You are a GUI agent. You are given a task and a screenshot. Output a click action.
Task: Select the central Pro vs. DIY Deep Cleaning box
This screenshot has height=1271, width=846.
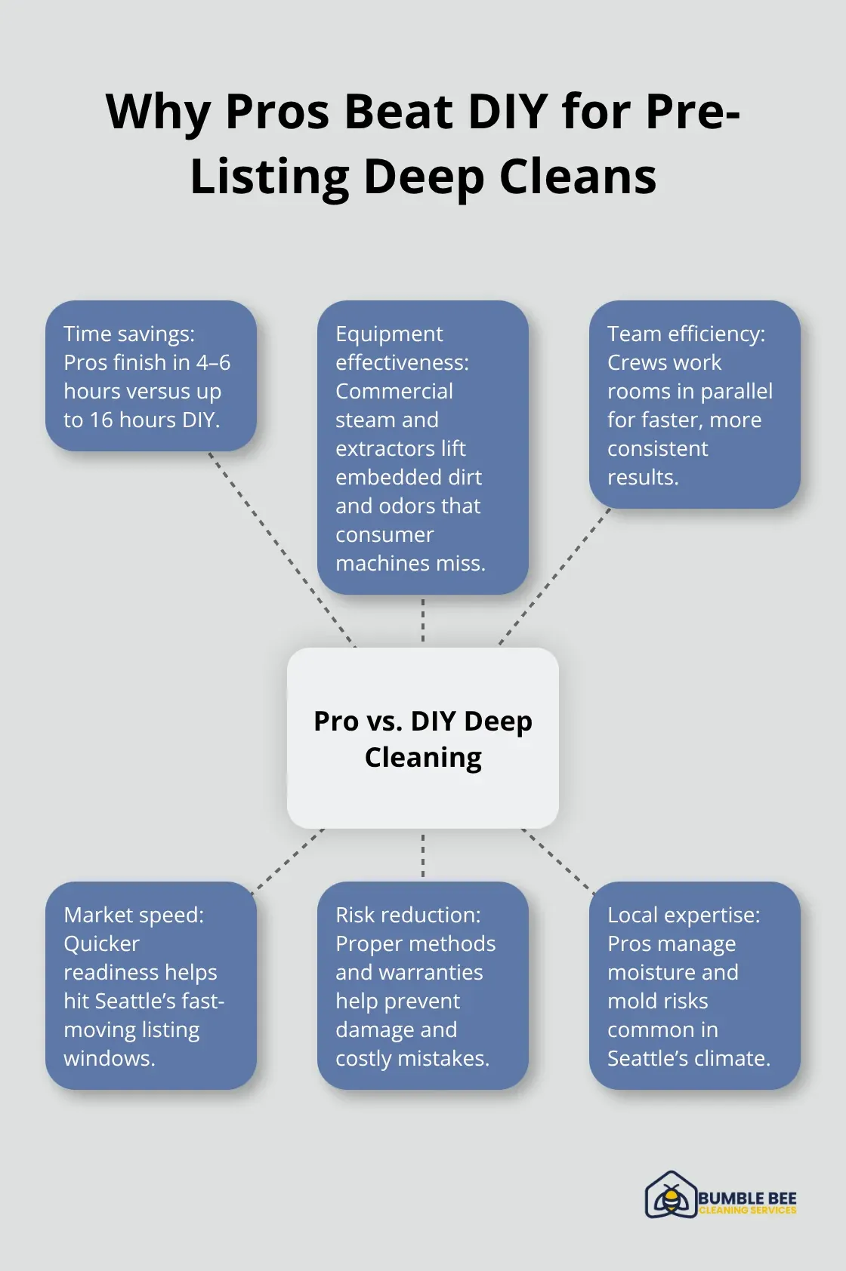[x=423, y=738]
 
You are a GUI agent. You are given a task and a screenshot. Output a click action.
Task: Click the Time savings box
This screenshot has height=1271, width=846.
[x=151, y=376]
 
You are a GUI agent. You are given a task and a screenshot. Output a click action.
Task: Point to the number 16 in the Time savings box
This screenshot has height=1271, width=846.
[x=100, y=420]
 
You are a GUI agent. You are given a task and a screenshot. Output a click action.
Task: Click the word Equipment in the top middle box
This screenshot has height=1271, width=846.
[x=389, y=334]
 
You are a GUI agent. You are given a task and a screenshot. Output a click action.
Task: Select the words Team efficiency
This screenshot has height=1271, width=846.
[x=686, y=334]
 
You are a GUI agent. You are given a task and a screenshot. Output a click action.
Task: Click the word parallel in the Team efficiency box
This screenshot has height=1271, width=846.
[x=736, y=391]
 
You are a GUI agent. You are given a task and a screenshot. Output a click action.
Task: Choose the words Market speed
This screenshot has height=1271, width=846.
[x=134, y=915]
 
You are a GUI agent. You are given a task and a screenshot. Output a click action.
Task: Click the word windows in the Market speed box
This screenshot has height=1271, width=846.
[x=108, y=1058]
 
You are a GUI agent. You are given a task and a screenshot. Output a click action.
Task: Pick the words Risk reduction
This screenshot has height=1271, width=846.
[x=408, y=915]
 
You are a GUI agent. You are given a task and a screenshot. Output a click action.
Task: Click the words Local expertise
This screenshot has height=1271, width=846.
[x=684, y=915]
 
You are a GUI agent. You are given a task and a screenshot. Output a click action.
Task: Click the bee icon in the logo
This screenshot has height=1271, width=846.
[x=670, y=1197]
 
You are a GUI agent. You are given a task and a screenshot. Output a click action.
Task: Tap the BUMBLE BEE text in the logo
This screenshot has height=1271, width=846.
[x=747, y=1198]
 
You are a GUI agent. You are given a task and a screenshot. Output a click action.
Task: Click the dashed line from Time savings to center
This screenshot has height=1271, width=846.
[x=281, y=548]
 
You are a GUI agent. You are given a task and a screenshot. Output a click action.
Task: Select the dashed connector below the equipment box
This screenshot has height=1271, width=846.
[x=423, y=620]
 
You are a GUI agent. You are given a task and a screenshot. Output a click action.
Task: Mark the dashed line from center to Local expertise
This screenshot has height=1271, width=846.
[x=557, y=861]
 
